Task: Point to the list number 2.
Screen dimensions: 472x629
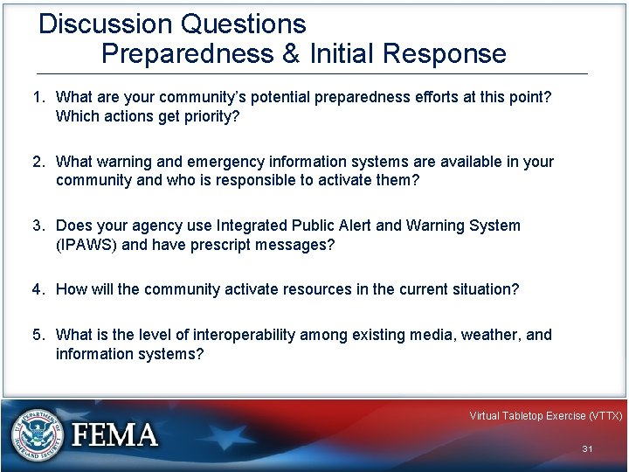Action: pos(38,163)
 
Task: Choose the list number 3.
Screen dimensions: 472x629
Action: pos(38,226)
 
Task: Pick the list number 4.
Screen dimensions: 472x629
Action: pos(38,288)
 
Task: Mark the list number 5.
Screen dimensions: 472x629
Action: pos(38,335)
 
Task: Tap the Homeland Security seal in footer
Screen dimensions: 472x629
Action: pos(36,435)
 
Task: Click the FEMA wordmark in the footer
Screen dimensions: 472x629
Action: pos(114,435)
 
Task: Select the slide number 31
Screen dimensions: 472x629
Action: pos(587,448)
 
